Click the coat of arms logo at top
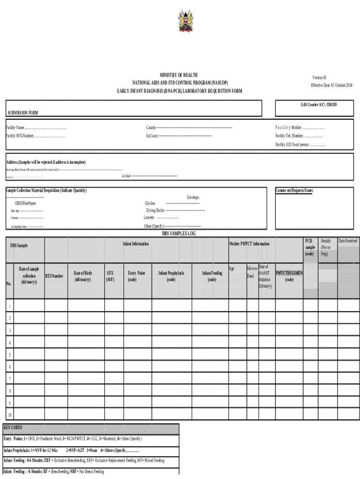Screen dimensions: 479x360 185,22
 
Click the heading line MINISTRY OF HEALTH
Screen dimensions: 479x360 179,75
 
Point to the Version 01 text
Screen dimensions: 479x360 319,77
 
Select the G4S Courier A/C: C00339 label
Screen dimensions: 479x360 318,105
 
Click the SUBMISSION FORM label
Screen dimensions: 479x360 23,113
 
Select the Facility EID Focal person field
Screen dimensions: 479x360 301,145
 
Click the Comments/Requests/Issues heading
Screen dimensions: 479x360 294,190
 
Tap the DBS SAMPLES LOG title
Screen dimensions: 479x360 182,233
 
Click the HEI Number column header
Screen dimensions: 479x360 54,276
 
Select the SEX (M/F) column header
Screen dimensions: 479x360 110,276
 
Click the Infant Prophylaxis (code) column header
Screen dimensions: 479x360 171,276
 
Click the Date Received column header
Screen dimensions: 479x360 348,241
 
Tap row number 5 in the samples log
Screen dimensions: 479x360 9,355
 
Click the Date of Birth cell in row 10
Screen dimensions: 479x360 86,414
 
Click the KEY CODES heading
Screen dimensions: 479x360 13,428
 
